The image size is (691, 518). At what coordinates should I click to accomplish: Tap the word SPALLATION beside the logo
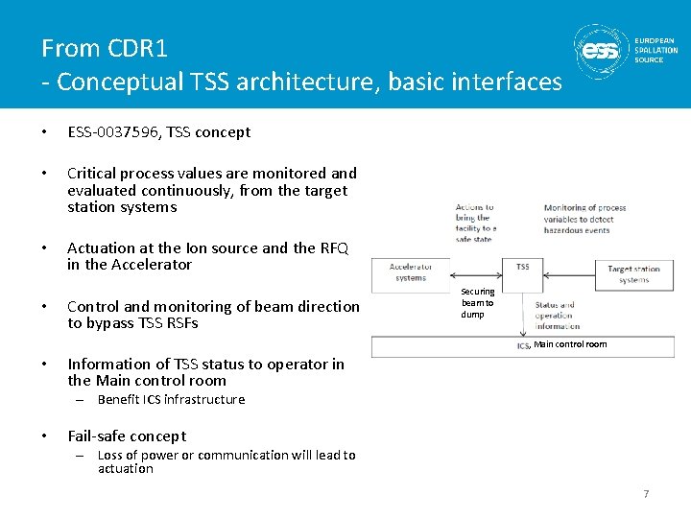[655, 50]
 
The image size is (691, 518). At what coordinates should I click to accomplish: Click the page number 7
[646, 494]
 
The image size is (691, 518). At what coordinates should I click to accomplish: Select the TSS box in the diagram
[523, 268]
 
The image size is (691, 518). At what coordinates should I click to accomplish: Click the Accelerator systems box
[410, 272]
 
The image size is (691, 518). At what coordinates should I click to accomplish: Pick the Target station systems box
[633, 274]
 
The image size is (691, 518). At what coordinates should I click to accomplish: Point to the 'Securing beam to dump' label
[477, 303]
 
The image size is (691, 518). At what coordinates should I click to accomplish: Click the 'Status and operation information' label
[556, 316]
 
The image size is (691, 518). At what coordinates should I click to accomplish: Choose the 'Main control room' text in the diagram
[570, 344]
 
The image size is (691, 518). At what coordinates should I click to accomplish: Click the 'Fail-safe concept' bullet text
[127, 436]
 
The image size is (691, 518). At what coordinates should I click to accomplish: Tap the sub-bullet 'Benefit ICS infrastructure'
[171, 399]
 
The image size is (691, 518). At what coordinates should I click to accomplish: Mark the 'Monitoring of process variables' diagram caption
[584, 219]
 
